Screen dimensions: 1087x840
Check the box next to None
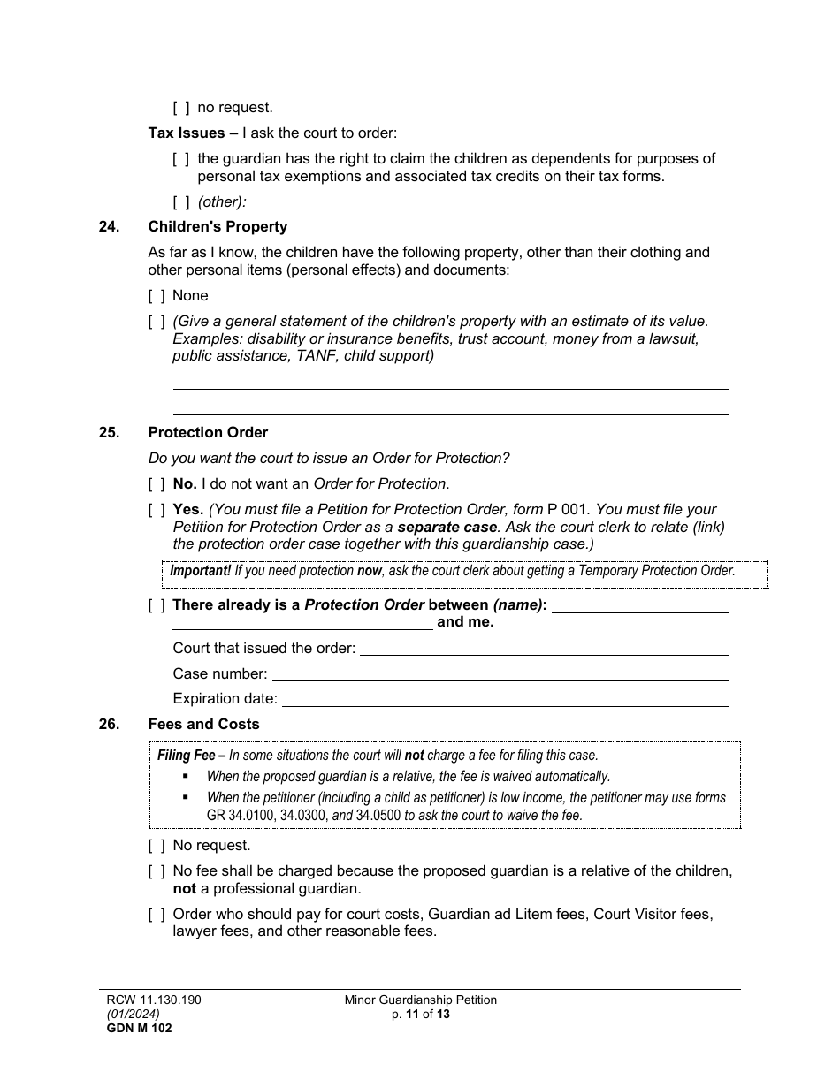point(157,295)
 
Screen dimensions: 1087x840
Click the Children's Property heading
point(218,227)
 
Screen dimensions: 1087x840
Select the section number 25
point(109,433)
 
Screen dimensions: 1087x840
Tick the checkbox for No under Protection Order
point(157,484)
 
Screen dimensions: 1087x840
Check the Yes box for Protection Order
point(157,510)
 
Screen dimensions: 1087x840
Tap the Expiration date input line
point(504,699)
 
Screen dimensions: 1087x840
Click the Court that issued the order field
point(544,649)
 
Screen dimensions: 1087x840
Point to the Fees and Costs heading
point(203,725)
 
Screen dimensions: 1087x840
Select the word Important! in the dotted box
point(201,571)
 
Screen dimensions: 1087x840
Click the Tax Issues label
point(187,133)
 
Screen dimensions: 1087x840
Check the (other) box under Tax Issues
point(181,202)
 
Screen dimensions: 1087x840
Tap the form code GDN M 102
point(134,1028)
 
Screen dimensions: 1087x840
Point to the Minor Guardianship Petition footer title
point(420,1000)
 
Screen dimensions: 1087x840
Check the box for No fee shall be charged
point(157,871)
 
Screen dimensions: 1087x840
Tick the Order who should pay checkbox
point(157,915)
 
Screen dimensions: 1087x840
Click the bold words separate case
point(447,528)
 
